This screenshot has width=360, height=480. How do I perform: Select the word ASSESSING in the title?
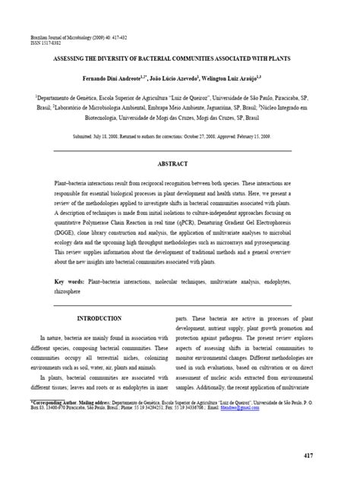click(84, 58)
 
